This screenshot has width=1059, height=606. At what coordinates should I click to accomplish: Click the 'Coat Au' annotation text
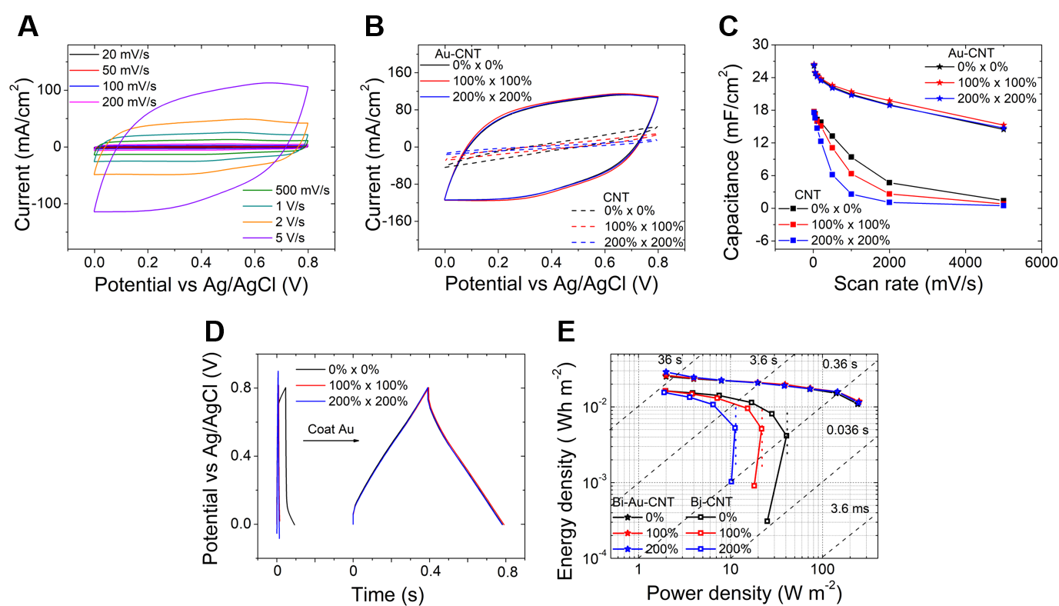coord(331,429)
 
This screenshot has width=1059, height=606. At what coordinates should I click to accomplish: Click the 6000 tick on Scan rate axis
coord(1041,261)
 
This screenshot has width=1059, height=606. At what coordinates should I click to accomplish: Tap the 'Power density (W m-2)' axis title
coord(742,593)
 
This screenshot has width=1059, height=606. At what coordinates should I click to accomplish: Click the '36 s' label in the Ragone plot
coord(669,359)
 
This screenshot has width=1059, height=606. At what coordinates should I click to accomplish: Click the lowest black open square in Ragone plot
coord(767,521)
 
